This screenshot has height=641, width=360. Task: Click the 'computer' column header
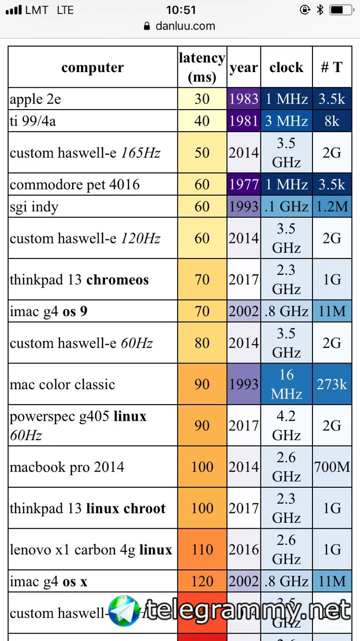(93, 68)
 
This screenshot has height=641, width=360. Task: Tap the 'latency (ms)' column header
(202, 68)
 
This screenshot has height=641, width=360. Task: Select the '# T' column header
(331, 68)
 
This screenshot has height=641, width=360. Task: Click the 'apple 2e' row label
(35, 99)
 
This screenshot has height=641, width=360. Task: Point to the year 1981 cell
(244, 121)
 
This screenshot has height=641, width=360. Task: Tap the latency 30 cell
(202, 99)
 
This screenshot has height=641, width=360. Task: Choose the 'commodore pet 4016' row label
(75, 184)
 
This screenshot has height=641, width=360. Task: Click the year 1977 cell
(244, 184)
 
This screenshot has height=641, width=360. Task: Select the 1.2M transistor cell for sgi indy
(331, 206)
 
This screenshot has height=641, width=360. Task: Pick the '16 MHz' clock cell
(286, 384)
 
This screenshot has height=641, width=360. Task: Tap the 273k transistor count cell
(331, 384)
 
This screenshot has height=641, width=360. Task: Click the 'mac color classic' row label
(63, 385)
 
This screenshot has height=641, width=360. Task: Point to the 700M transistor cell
(331, 467)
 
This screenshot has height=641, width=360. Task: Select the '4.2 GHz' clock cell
(286, 426)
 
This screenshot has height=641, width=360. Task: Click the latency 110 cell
(202, 550)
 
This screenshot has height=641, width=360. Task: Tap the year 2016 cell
(244, 550)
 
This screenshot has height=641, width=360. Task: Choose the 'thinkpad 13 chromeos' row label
(79, 279)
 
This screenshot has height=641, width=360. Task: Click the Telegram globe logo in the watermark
(124, 610)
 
